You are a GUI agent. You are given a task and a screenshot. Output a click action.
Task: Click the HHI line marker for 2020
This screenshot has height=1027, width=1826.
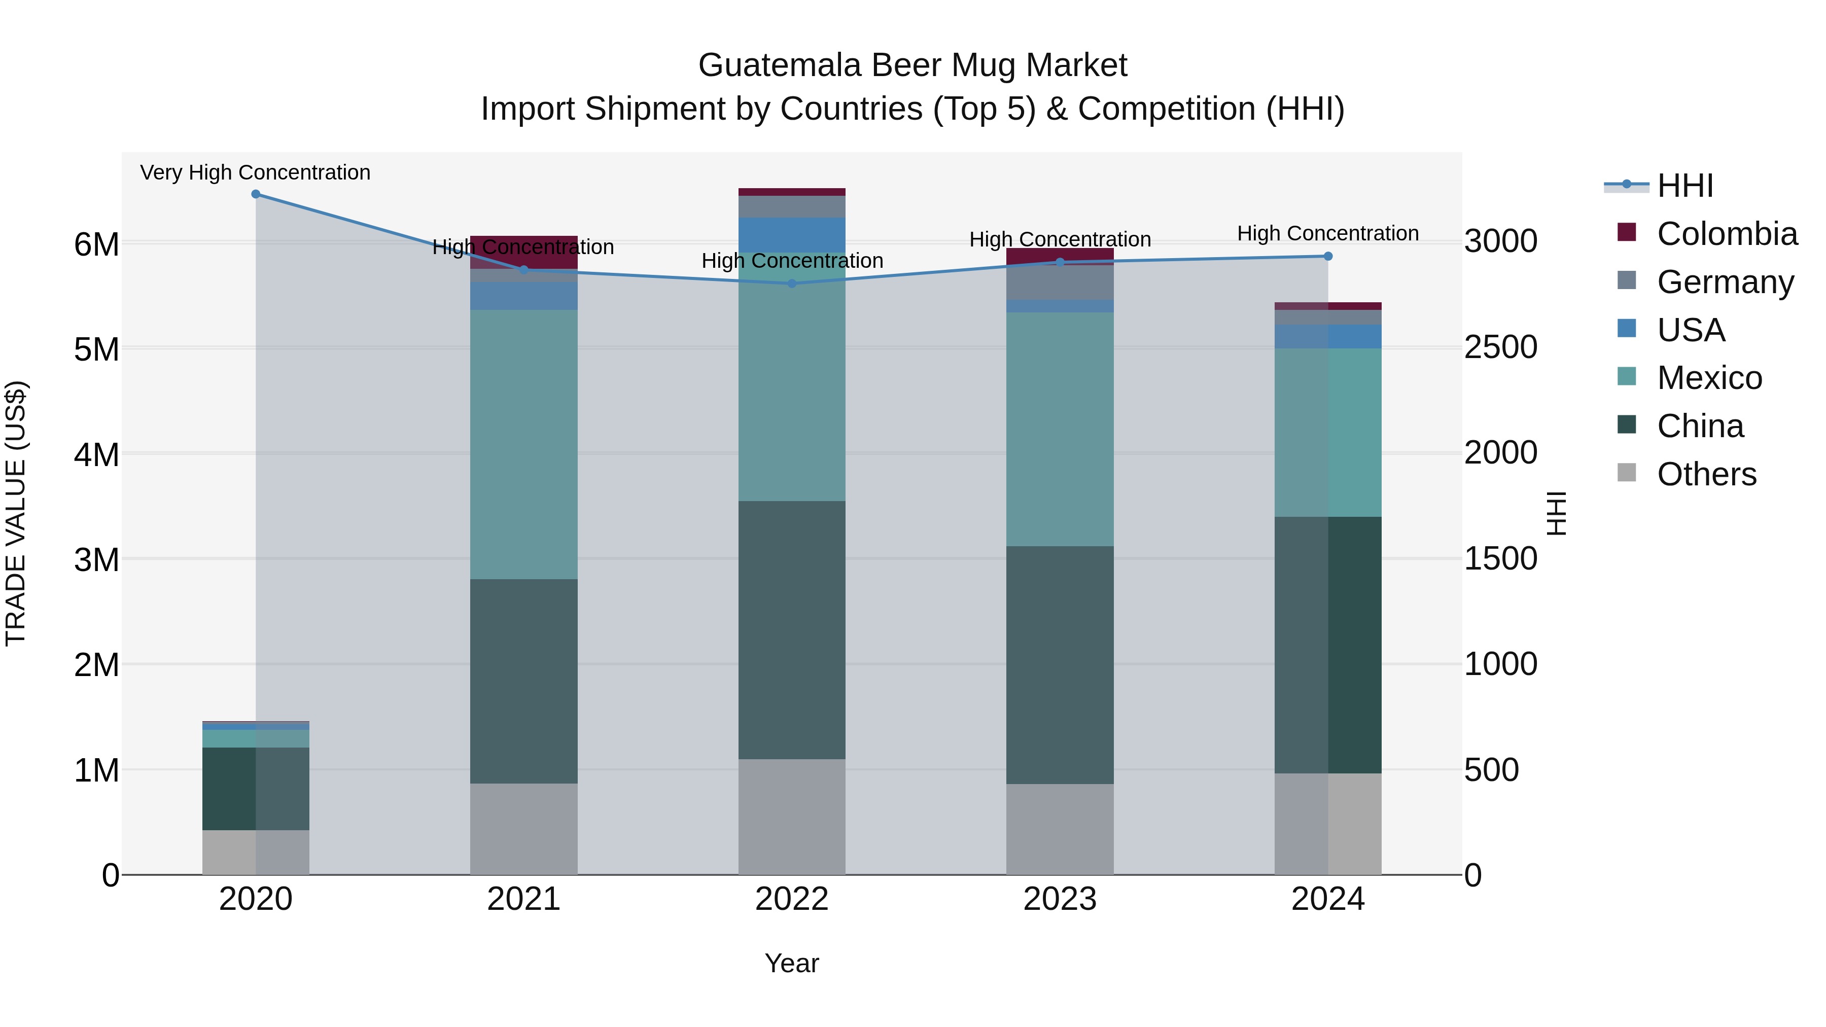click(256, 194)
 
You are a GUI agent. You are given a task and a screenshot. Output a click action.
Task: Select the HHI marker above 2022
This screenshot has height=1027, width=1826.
click(792, 284)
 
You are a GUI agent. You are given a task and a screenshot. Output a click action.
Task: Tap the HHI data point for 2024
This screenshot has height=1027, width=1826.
click(1328, 257)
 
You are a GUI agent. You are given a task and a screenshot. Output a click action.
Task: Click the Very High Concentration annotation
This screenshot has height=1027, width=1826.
click(255, 173)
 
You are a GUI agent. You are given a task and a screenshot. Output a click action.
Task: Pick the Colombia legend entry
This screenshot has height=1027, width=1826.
click(1727, 234)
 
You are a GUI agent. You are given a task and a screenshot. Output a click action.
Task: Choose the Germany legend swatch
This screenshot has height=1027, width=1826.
click(1627, 280)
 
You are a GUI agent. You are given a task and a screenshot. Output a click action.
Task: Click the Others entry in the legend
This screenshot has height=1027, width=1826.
click(1706, 474)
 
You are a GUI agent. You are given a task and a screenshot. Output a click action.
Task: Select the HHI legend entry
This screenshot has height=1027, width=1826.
click(1685, 186)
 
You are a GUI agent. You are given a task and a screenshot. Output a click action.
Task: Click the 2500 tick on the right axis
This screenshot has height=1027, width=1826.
click(1501, 347)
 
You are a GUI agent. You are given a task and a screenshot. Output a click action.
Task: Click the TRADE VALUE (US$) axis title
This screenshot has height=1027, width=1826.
click(16, 513)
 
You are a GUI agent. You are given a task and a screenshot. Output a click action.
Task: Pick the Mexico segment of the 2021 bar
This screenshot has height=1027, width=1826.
click(524, 444)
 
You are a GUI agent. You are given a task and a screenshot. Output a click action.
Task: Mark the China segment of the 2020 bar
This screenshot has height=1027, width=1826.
click(256, 788)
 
